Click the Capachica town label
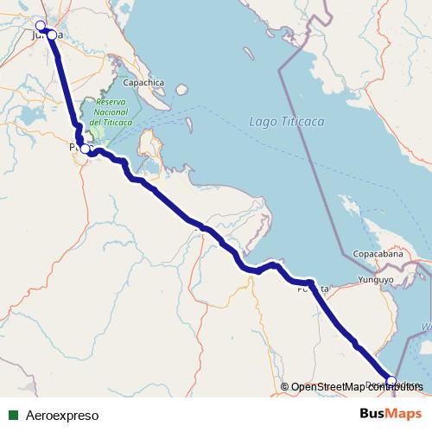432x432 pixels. pos(143,83)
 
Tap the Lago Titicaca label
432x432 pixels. pos(286,122)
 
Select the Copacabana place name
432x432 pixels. pos(378,255)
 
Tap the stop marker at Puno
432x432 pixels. pos(84,149)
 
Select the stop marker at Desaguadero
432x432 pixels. pos(391,381)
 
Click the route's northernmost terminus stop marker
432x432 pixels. pos(40,25)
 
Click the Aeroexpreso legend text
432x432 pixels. pos(62,416)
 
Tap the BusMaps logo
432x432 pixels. pos(391,415)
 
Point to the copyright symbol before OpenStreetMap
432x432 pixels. pos(285,387)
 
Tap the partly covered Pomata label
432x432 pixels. pos(313,289)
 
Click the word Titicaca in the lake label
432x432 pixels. pos(302,122)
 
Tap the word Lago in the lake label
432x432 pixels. pos(261,122)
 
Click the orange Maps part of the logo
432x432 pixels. pos(404,415)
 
